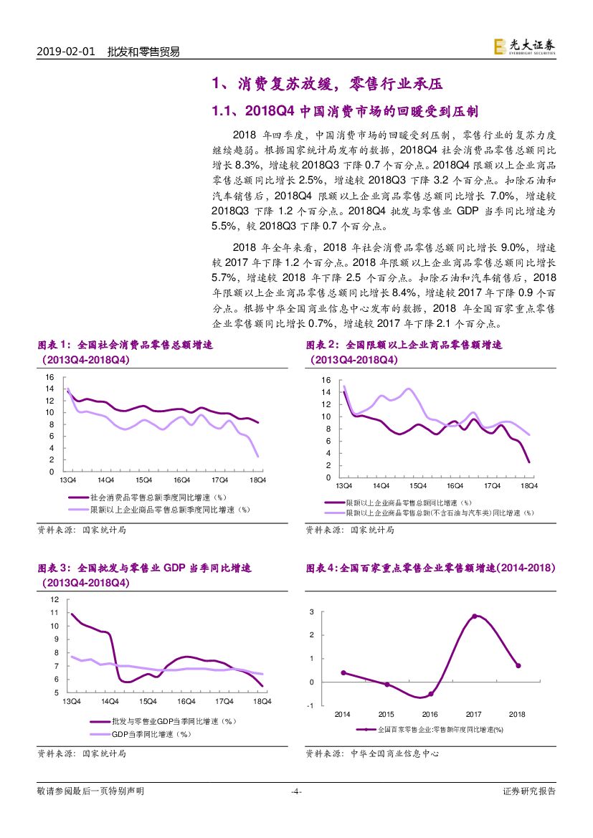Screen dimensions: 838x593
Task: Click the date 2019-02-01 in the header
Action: tap(65, 52)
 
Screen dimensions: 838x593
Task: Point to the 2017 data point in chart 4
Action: tap(474, 616)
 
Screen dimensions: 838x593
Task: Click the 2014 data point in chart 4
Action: tap(343, 672)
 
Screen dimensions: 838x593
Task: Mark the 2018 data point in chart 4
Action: tap(518, 665)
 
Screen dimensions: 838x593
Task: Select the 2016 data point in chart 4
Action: tap(430, 694)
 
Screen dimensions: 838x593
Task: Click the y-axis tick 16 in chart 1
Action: tap(49, 377)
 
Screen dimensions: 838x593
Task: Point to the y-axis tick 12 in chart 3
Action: tap(54, 599)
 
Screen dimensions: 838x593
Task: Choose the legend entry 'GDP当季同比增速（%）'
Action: tap(150, 734)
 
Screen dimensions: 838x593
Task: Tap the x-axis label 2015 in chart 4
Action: tap(386, 715)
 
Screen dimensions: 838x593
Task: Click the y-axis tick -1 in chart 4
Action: tap(310, 706)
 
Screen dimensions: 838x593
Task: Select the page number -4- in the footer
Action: tap(296, 791)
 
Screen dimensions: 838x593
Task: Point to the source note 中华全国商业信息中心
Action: tap(394, 753)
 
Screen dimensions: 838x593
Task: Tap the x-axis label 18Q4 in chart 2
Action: tap(528, 486)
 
